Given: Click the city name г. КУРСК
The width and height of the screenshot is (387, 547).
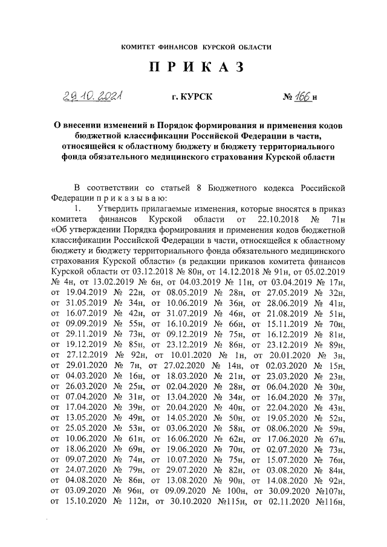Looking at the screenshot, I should coord(193,96).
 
